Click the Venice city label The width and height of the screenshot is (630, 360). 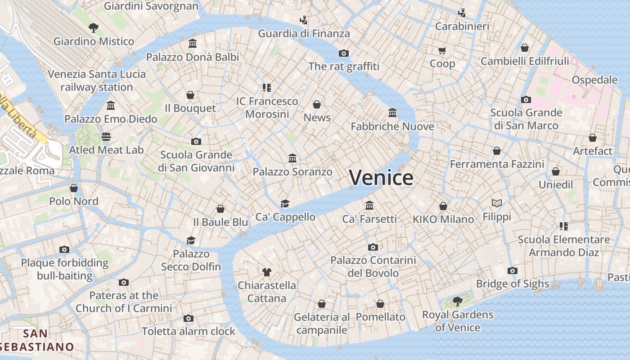381,178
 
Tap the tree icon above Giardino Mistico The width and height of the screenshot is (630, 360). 94,28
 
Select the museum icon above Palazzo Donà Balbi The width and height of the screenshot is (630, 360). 193,43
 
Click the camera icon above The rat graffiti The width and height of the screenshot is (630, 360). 344,53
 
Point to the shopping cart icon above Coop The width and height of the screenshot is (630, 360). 442,50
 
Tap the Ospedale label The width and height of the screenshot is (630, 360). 594,80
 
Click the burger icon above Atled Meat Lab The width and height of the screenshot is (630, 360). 106,136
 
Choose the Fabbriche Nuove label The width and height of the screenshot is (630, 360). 392,126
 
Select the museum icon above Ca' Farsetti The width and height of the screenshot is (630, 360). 369,205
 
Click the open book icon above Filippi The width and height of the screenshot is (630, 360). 497,203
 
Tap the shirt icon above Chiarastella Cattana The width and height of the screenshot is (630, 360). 267,272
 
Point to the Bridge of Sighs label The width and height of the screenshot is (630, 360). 513,284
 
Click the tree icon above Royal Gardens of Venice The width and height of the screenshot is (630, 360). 458,301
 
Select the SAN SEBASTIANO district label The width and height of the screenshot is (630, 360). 36,340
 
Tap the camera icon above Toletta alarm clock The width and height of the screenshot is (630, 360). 189,319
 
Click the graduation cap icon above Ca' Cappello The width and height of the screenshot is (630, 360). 285,203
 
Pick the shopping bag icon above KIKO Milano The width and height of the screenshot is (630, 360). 443,206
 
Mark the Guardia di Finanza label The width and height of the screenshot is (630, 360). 304,34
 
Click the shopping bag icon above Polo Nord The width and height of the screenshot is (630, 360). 74,188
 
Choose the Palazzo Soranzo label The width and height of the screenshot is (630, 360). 292,172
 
